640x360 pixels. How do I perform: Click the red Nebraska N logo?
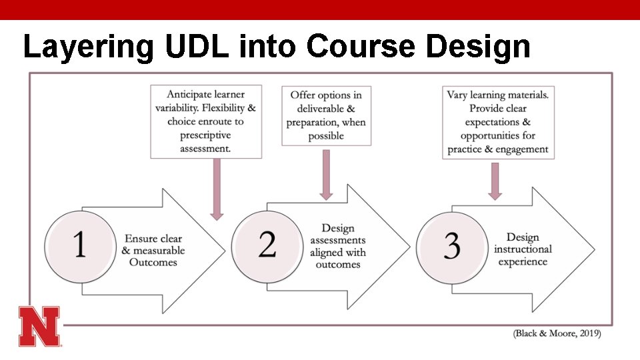[39, 326]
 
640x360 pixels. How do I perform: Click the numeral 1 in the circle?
[79, 245]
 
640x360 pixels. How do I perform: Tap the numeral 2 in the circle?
[267, 245]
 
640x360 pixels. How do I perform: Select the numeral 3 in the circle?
[452, 246]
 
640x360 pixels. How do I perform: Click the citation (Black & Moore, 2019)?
[557, 333]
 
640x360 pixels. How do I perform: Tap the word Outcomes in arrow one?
[153, 263]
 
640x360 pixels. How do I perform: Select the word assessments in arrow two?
[337, 240]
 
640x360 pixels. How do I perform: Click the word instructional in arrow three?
[523, 249]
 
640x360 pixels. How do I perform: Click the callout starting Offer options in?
[326, 115]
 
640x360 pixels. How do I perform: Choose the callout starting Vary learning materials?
[498, 122]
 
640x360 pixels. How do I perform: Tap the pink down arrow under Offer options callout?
[326, 173]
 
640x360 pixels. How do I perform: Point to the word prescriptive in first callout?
[205, 135]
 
